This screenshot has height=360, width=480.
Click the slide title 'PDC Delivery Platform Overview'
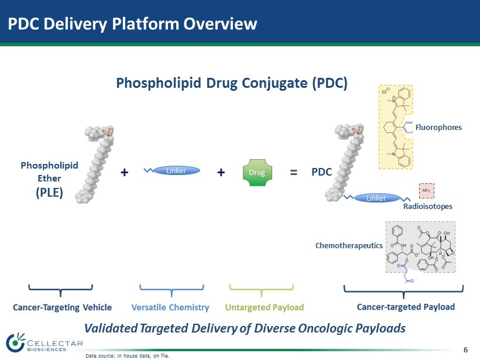coord(132,24)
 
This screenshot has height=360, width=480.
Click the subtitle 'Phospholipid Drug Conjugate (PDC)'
coord(232,83)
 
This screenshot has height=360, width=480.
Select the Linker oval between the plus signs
coord(176,171)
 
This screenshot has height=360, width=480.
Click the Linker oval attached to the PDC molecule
coord(376,198)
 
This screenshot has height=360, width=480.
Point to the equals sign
coord(294,173)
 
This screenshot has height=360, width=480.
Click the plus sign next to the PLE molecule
coord(124,173)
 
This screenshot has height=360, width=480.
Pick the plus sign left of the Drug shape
coord(221,173)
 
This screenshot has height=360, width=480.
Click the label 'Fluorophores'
coord(438,127)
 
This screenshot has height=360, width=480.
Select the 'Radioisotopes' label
coord(428,206)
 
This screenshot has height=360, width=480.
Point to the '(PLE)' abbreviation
coord(49,192)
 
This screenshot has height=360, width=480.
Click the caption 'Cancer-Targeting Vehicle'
coord(62,307)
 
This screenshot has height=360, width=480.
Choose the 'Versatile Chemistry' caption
coord(170,307)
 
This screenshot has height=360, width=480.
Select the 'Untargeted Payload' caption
coord(265,307)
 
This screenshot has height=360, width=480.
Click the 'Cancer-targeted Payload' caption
coord(406,307)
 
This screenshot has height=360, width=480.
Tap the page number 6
coord(465,349)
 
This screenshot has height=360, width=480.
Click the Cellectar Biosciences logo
coord(44,344)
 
